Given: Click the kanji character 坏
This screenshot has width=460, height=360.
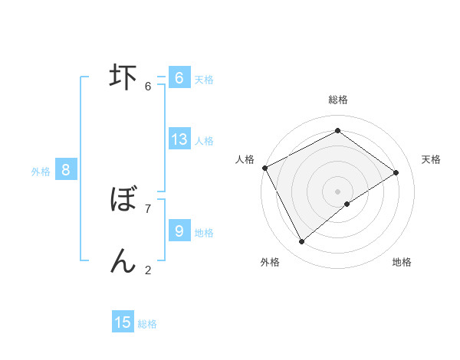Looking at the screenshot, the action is [123, 77].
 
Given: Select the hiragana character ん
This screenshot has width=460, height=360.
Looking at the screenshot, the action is [123, 260].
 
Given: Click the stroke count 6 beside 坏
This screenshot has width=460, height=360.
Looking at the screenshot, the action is [148, 86].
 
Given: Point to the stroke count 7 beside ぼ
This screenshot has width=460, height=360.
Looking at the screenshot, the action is [148, 208].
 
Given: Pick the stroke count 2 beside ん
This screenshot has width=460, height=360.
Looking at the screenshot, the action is [148, 269].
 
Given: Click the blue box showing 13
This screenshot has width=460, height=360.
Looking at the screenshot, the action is [179, 139].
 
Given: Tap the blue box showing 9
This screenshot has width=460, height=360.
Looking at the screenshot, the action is [179, 231].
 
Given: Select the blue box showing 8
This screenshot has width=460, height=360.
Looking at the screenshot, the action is [66, 170].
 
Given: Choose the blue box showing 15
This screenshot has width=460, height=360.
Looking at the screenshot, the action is [123, 322].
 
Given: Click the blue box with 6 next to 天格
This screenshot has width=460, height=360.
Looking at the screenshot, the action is [179, 78].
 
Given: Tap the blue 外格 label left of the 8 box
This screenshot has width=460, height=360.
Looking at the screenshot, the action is [41, 172].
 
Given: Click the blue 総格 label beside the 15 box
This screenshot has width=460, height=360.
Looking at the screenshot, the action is [147, 324].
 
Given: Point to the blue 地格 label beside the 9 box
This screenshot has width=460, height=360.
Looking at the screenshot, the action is [204, 232].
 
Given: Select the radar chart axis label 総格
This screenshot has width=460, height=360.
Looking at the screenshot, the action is [337, 100].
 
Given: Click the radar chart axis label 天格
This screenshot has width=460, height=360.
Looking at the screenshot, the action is [432, 159].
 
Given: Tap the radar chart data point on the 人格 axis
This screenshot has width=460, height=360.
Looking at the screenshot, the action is [264, 168].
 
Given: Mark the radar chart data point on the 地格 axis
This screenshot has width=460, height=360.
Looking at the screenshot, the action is [347, 204].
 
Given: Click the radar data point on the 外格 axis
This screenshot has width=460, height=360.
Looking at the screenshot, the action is [302, 242].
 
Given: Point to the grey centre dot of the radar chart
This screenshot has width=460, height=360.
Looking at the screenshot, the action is [337, 191].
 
